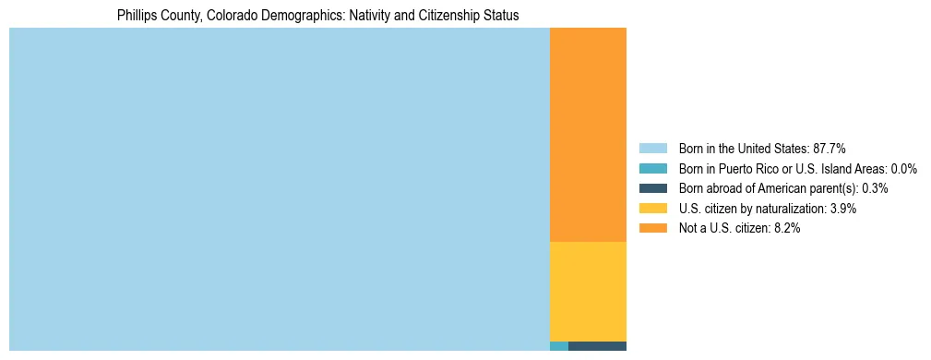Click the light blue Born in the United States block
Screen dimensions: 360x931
click(x=279, y=189)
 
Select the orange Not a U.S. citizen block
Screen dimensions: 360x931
click(x=588, y=135)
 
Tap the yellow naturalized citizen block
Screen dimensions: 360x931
click(x=588, y=291)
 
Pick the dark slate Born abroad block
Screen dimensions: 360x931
click(x=597, y=346)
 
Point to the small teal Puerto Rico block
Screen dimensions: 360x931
click(x=558, y=346)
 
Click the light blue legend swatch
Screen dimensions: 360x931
click(x=652, y=148)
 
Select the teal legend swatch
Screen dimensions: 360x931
click(x=652, y=168)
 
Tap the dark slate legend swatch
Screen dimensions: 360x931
click(x=652, y=188)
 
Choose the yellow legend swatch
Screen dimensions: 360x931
click(x=652, y=209)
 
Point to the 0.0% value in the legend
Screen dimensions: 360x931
click(x=904, y=168)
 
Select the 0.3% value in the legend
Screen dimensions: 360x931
click(x=875, y=188)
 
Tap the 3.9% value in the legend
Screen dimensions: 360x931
click(x=843, y=209)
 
